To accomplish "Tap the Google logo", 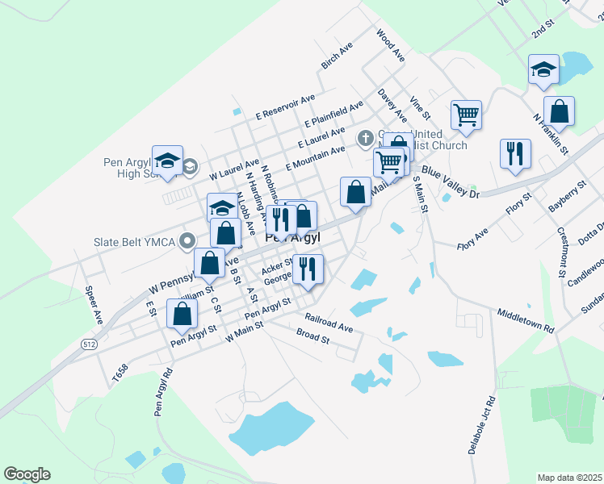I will (x=27, y=474).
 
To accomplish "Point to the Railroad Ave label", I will (x=329, y=322).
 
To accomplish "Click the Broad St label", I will (x=313, y=336).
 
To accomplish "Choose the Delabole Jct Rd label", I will (x=481, y=425).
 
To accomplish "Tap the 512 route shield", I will (x=90, y=344).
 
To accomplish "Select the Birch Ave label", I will (x=337, y=55).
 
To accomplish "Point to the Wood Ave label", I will (x=389, y=45).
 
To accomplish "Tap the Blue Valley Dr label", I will (x=451, y=182).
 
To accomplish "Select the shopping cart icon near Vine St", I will (x=467, y=115).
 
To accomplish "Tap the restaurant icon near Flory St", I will (x=515, y=152).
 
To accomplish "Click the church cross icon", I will (x=365, y=137).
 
